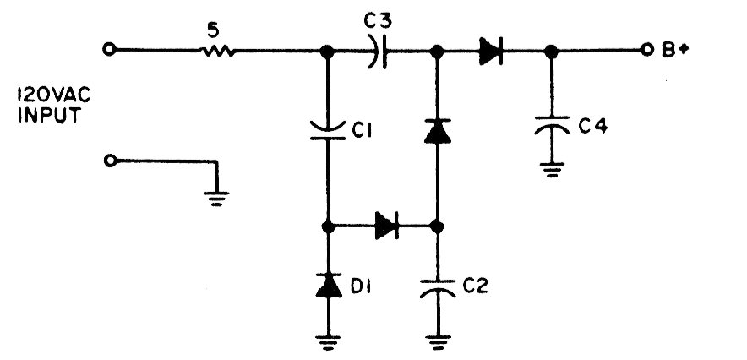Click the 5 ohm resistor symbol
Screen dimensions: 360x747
click(x=216, y=50)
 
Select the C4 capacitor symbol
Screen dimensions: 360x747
click(x=551, y=128)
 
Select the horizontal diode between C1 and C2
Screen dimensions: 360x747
click(x=386, y=226)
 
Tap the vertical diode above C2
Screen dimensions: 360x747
click(x=437, y=131)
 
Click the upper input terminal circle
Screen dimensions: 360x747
click(x=108, y=50)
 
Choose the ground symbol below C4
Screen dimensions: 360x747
click(x=551, y=169)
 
